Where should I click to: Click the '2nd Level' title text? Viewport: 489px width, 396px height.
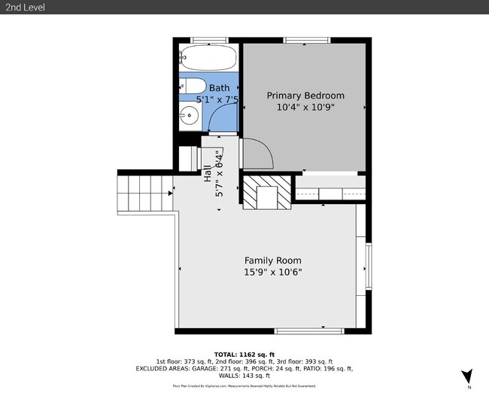pyautogui.click(x=25, y=7)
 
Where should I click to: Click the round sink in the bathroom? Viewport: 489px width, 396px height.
pyautogui.click(x=190, y=116)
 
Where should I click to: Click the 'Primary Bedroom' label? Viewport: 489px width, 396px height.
pyautogui.click(x=306, y=96)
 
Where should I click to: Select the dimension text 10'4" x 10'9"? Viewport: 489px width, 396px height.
pyautogui.click(x=306, y=107)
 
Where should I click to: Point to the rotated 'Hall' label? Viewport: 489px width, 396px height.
pyautogui.click(x=208, y=173)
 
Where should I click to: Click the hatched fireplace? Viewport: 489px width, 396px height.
pyautogui.click(x=266, y=191)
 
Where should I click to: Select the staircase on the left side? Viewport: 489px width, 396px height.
pyautogui.click(x=144, y=193)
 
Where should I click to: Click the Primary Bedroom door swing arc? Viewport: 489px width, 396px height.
pyautogui.click(x=259, y=154)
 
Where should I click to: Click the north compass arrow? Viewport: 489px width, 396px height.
pyautogui.click(x=467, y=376)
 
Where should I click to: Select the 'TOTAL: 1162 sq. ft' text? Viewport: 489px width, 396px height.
pyautogui.click(x=244, y=354)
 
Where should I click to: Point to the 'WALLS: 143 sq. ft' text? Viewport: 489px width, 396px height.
pyautogui.click(x=244, y=376)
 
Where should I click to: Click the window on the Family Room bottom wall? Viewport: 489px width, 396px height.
pyautogui.click(x=309, y=331)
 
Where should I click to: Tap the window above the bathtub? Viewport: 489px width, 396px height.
pyautogui.click(x=209, y=39)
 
